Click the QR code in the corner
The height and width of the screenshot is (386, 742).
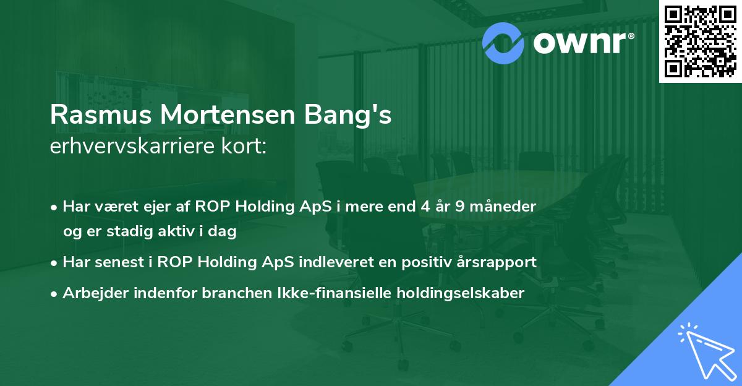tap(700, 41)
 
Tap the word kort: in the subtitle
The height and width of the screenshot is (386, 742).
tap(246, 147)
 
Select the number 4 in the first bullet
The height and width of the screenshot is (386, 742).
tap(424, 206)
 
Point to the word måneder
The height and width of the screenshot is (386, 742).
tap(504, 206)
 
